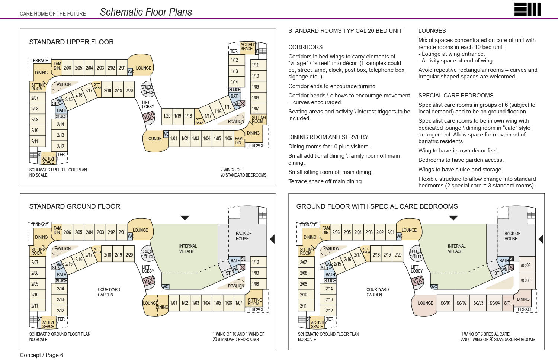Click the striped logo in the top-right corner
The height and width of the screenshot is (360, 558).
pyautogui.click(x=527, y=9)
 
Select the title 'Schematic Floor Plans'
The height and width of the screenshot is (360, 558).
pyautogui.click(x=146, y=12)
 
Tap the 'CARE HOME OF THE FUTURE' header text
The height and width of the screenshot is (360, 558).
pyautogui.click(x=53, y=14)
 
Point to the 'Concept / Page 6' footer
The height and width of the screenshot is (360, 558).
pyautogui.click(x=42, y=355)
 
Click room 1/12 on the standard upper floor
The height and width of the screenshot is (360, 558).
pyautogui.click(x=234, y=60)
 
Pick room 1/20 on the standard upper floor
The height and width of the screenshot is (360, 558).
pyautogui.click(x=167, y=116)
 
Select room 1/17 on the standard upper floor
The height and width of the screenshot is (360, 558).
pyautogui.click(x=208, y=116)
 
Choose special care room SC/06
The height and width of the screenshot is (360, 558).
pyautogui.click(x=525, y=266)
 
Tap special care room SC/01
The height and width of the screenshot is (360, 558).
pyautogui.click(x=445, y=303)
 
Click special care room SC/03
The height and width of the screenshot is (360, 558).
pyautogui.click(x=478, y=303)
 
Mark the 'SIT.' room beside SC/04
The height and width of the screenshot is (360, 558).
pyautogui.click(x=507, y=303)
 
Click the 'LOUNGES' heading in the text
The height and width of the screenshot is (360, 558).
pyautogui.click(x=432, y=31)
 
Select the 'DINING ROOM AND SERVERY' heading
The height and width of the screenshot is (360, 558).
pyautogui.click(x=328, y=137)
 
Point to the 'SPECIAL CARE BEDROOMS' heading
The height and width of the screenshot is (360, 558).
pyautogui.click(x=456, y=96)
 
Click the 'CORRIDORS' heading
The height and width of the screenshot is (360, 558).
pyautogui.click(x=305, y=47)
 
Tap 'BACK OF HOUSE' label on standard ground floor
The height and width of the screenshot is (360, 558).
pyautogui.click(x=243, y=236)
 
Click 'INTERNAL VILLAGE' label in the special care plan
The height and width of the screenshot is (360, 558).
pyautogui.click(x=456, y=249)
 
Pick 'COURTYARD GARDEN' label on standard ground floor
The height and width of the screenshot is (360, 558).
pyautogui.click(x=109, y=292)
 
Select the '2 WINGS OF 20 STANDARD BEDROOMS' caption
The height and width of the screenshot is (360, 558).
pyautogui.click(x=243, y=172)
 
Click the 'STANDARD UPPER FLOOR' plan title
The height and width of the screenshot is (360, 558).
pyautogui.click(x=71, y=42)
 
